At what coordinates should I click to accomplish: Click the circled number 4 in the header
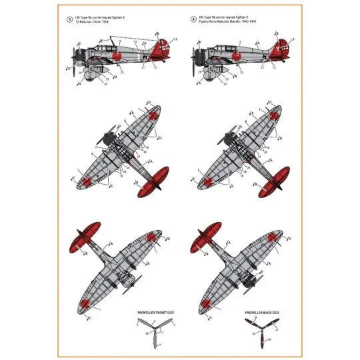195,18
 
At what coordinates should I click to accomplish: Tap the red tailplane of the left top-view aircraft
153,183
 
